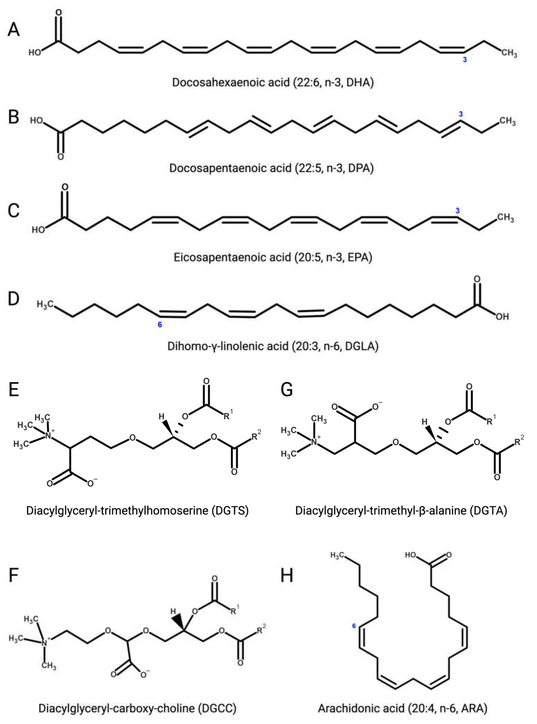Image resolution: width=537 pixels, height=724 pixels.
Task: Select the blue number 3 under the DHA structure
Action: coord(465,59)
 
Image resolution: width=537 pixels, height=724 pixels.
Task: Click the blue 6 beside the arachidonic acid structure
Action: coord(354,626)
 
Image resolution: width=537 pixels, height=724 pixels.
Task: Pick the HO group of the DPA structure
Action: coord(37,121)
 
